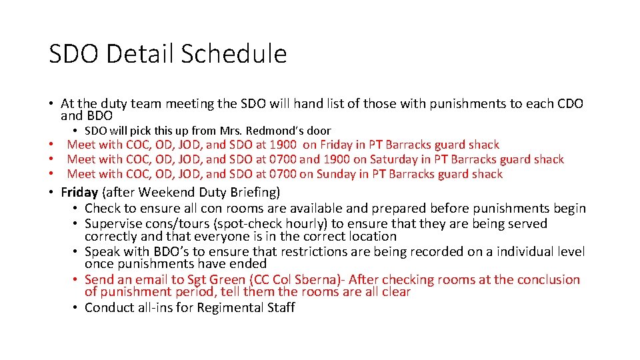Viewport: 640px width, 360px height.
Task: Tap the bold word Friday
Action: pos(79,193)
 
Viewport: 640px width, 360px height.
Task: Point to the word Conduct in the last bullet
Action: pos(110,307)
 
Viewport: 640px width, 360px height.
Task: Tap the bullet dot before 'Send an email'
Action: pos(77,280)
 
